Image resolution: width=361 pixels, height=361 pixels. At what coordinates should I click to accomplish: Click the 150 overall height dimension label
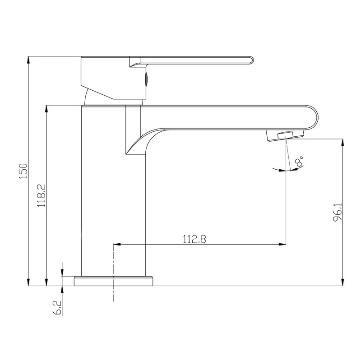point(23,171)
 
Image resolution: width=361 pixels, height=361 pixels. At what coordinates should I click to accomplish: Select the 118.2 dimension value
point(42,195)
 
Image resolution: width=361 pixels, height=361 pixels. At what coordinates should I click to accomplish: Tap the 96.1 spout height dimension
point(338,212)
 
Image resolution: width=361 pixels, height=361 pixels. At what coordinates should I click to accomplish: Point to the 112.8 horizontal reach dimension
point(194,239)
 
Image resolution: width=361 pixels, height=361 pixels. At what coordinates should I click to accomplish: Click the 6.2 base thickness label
point(57,308)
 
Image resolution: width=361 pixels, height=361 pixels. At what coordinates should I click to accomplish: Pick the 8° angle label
point(299,161)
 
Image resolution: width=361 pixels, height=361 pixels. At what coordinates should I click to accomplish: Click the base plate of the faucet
point(113,281)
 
